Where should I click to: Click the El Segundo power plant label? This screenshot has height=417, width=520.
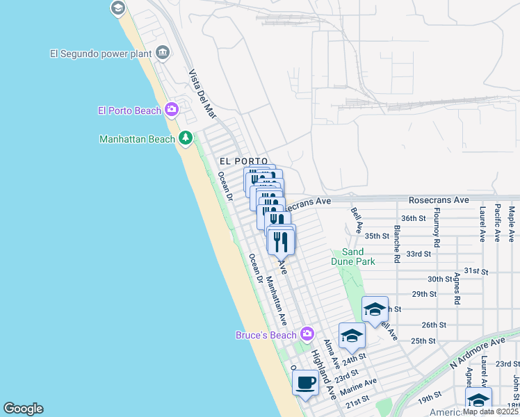100,53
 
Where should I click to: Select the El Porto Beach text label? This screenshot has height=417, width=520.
129,110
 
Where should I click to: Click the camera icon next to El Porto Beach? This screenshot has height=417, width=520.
172,110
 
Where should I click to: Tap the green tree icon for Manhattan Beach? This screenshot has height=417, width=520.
186,138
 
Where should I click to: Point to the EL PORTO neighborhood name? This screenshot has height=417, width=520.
243,161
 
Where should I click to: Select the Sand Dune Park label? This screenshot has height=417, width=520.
358,256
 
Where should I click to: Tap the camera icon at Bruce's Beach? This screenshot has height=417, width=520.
307,336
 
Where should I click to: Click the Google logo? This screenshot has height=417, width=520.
23,409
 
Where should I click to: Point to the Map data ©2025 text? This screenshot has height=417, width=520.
489,411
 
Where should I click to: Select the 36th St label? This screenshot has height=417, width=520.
413,218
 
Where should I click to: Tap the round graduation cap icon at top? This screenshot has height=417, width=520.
117,8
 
